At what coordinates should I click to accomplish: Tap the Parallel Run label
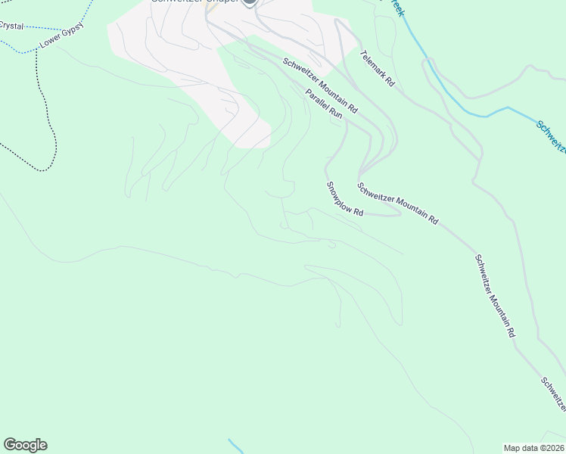(x=325, y=104)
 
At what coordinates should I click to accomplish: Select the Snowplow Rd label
(x=345, y=199)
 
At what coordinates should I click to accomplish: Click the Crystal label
(x=11, y=26)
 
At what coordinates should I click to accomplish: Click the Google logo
(x=25, y=445)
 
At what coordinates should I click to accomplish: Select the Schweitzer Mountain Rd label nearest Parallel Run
(x=320, y=86)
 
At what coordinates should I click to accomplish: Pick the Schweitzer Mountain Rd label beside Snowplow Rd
(x=398, y=204)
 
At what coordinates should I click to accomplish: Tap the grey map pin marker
(x=249, y=3)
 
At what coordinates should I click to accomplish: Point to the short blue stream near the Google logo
(x=235, y=446)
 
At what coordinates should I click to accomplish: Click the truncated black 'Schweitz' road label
(x=553, y=394)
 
